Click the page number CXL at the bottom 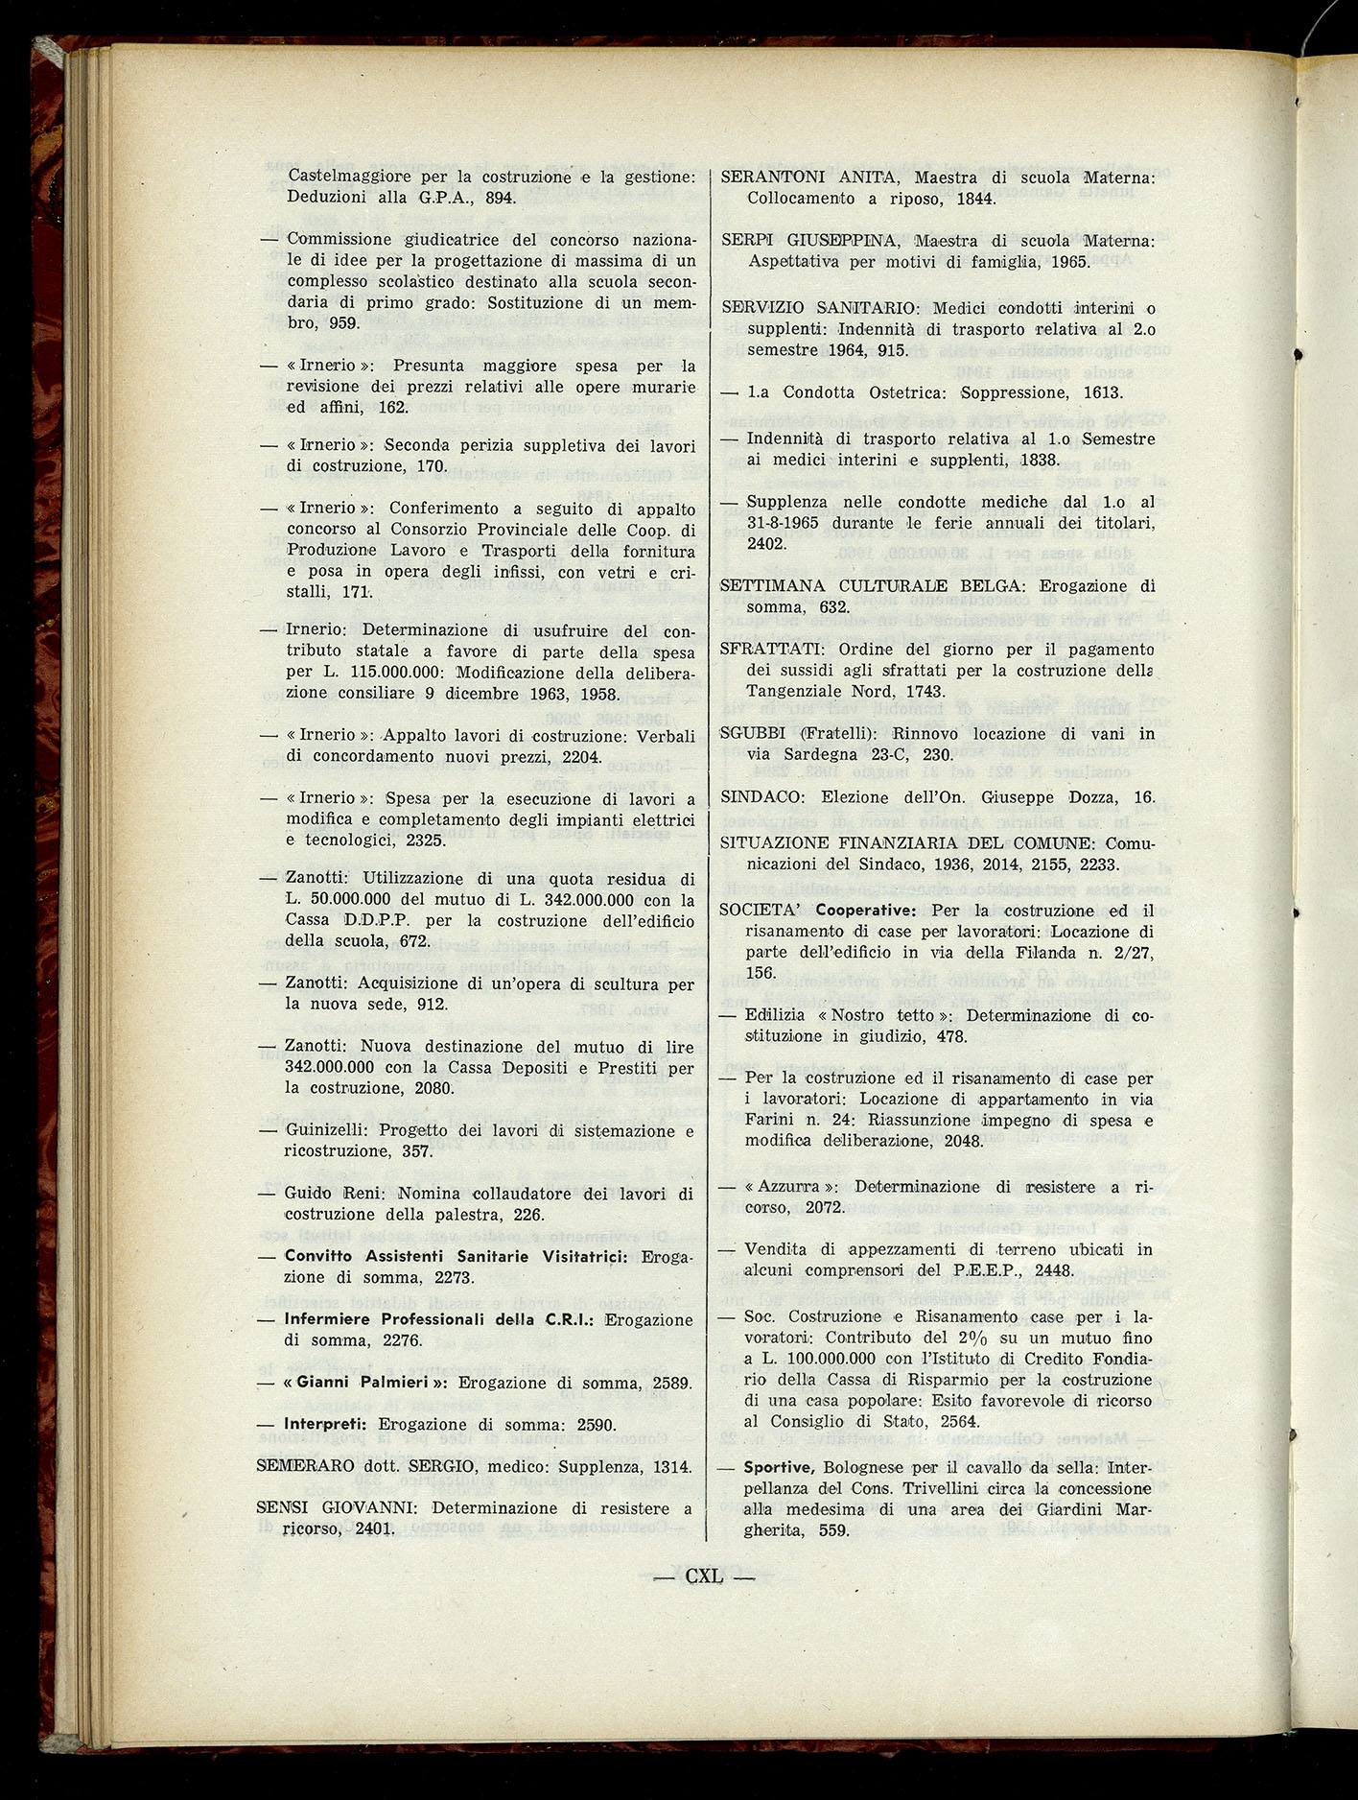704,1575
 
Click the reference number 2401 374,1529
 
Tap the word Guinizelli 319,1130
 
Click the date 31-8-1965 792,523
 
